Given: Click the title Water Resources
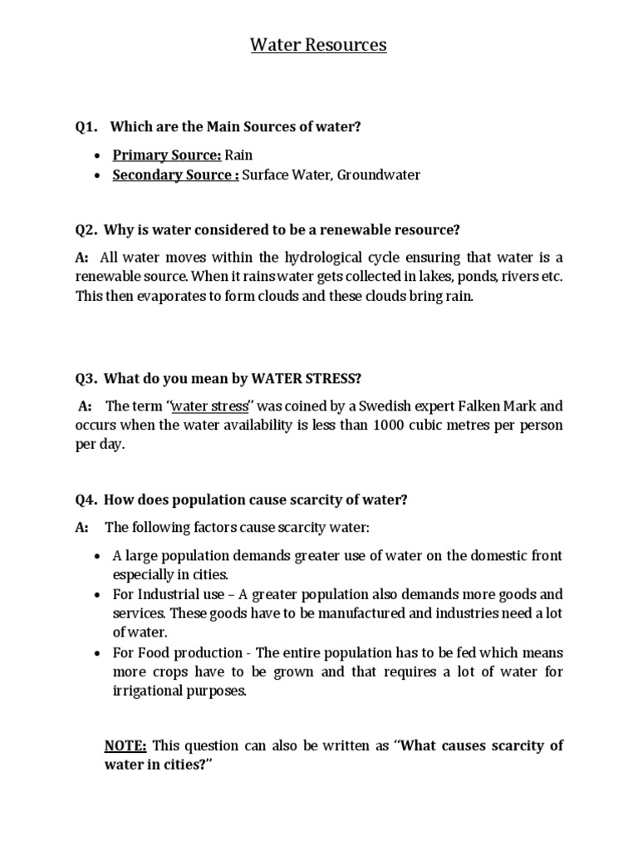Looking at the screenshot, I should pos(319,45).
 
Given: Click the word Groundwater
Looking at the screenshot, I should pos(379,175).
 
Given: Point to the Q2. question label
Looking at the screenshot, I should pos(86,229).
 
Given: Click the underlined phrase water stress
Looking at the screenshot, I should pos(209,406).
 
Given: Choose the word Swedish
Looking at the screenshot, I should pos(375,406).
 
